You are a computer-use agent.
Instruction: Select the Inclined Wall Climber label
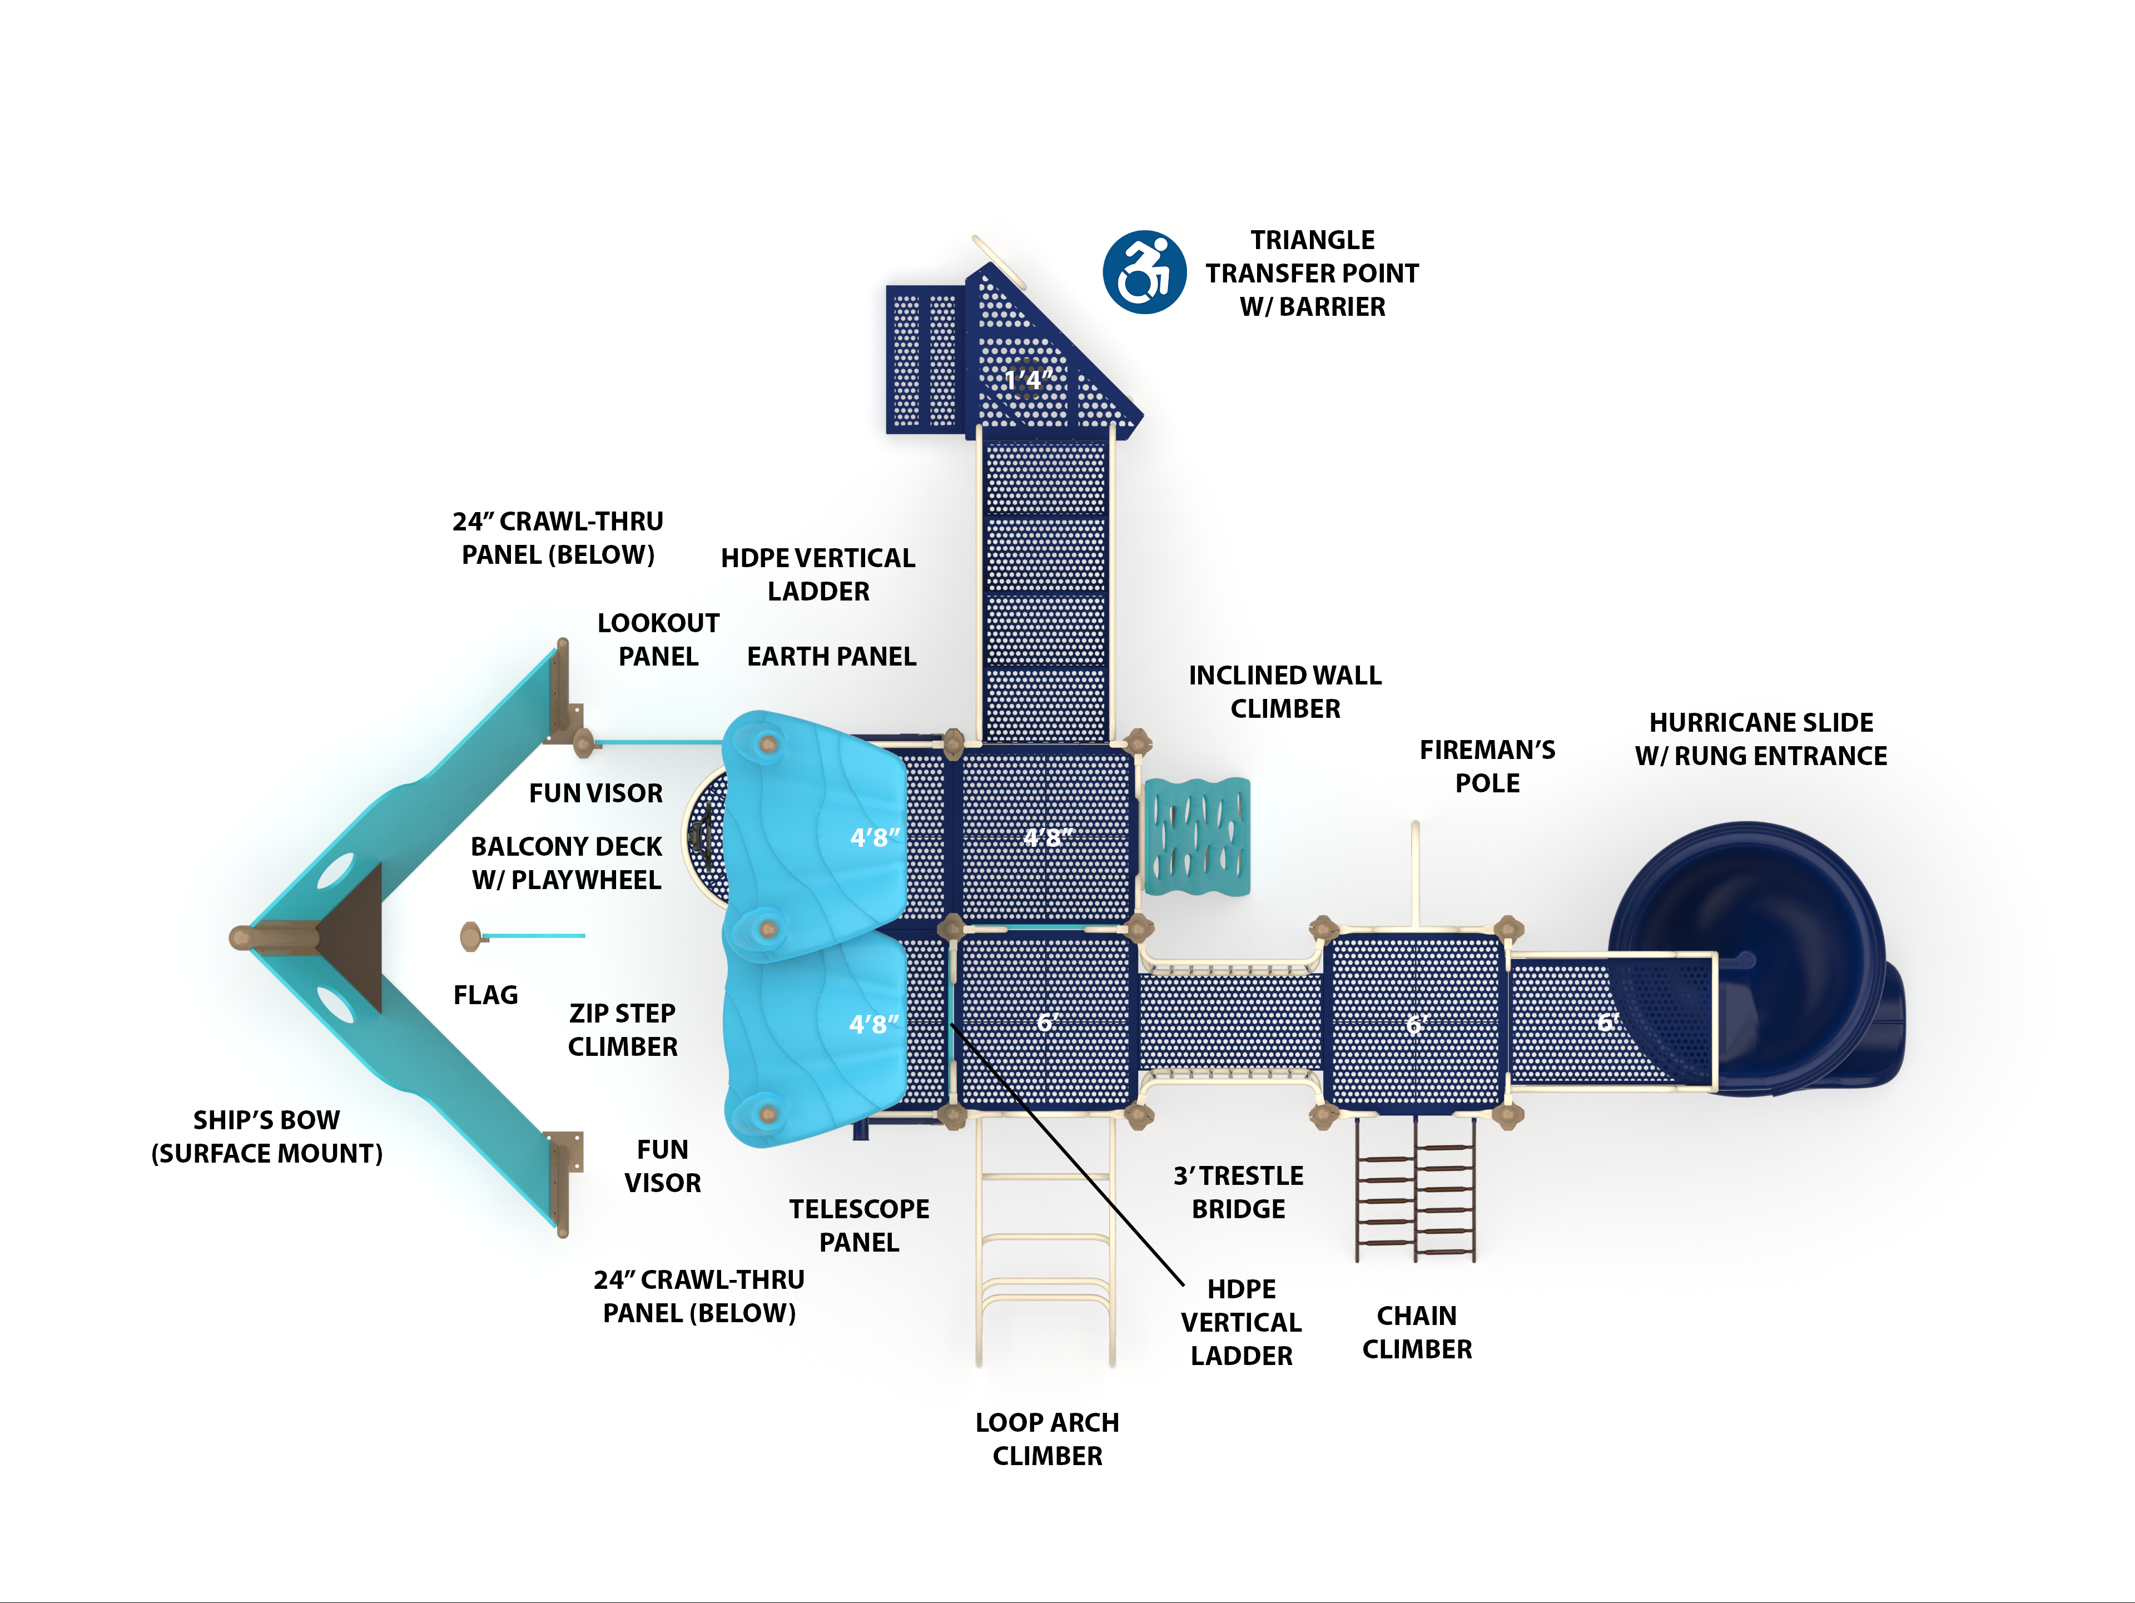(x=1285, y=692)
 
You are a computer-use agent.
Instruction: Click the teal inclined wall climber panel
(x=1197, y=837)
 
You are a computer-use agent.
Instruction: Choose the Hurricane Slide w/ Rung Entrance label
(x=1760, y=740)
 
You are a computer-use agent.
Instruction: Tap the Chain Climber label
(x=1416, y=1333)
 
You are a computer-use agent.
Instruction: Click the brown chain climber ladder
(x=1415, y=1202)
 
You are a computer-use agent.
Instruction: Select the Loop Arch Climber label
(x=1047, y=1439)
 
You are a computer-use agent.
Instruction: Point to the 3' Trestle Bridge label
(x=1238, y=1192)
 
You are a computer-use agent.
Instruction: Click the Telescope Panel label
(x=859, y=1225)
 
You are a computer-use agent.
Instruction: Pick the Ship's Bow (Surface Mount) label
(x=266, y=1137)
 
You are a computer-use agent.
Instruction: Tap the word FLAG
(x=485, y=995)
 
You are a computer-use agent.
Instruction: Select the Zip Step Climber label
(x=623, y=1030)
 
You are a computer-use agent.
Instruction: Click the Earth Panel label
(x=831, y=656)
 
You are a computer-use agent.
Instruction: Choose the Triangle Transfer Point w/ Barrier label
(x=1312, y=273)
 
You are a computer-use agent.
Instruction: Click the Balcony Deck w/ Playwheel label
(x=567, y=863)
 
